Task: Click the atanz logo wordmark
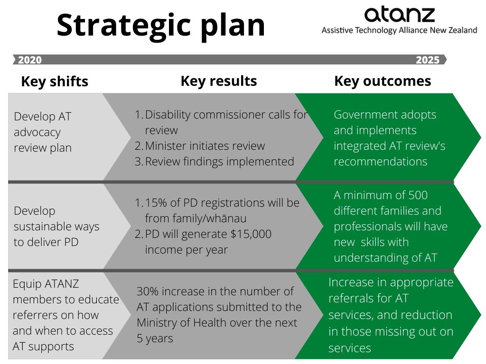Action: pyautogui.click(x=399, y=15)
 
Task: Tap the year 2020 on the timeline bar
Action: pyautogui.click(x=30, y=60)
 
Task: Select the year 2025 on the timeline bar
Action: pyautogui.click(x=428, y=60)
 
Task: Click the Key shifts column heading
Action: pyautogui.click(x=55, y=82)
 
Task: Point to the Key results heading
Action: pyautogui.click(x=218, y=81)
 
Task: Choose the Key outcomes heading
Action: pyautogui.click(x=383, y=81)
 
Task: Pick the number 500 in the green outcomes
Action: pyautogui.click(x=418, y=195)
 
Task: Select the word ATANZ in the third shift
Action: pyautogui.click(x=62, y=284)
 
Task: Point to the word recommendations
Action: pyautogui.click(x=380, y=162)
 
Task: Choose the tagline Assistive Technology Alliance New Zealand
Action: pyautogui.click(x=399, y=30)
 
